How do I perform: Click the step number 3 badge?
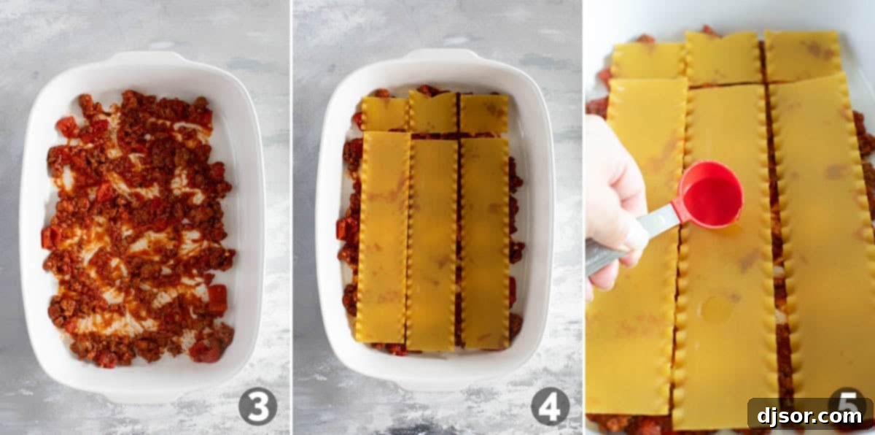(x=258, y=407)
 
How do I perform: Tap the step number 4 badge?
(x=550, y=407)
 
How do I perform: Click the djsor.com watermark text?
(x=809, y=416)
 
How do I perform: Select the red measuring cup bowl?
(x=710, y=195)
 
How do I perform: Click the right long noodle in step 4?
(x=485, y=243)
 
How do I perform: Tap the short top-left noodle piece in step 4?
(x=385, y=113)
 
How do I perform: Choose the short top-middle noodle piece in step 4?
(x=433, y=112)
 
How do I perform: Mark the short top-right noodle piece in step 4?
(x=484, y=113)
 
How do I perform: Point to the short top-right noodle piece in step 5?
(x=803, y=56)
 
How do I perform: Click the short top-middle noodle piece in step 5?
(x=724, y=58)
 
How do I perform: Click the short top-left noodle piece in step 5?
(x=647, y=61)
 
